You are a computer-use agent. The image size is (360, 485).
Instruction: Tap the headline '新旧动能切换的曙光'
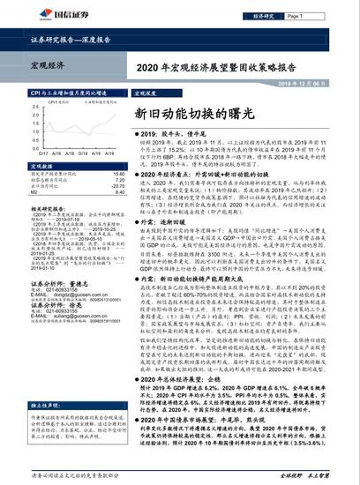click(185, 114)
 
